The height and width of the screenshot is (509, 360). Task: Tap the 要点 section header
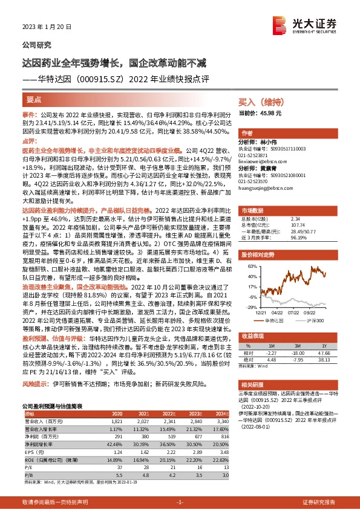pos(34,99)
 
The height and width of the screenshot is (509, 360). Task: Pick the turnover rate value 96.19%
pos(301,238)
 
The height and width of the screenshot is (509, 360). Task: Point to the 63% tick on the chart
pos(250,266)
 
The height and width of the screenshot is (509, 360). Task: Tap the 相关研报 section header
pos(252,366)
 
